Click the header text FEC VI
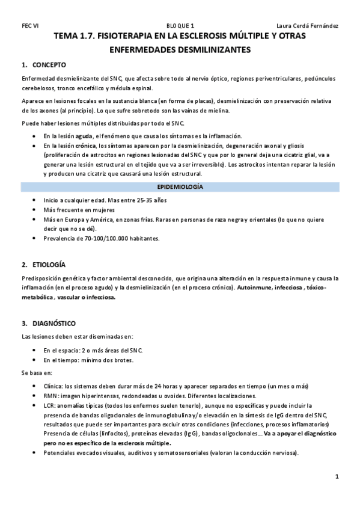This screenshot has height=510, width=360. [x=31, y=26]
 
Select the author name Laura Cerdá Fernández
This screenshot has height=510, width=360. [x=307, y=26]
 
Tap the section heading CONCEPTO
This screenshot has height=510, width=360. [x=49, y=65]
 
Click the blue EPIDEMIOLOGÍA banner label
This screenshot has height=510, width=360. [x=180, y=187]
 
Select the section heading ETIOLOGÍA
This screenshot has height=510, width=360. [x=50, y=265]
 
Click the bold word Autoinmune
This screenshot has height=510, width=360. [x=254, y=288]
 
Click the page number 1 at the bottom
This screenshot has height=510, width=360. [x=338, y=476]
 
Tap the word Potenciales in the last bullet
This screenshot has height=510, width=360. [x=60, y=453]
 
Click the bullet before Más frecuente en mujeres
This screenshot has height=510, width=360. [x=34, y=210]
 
